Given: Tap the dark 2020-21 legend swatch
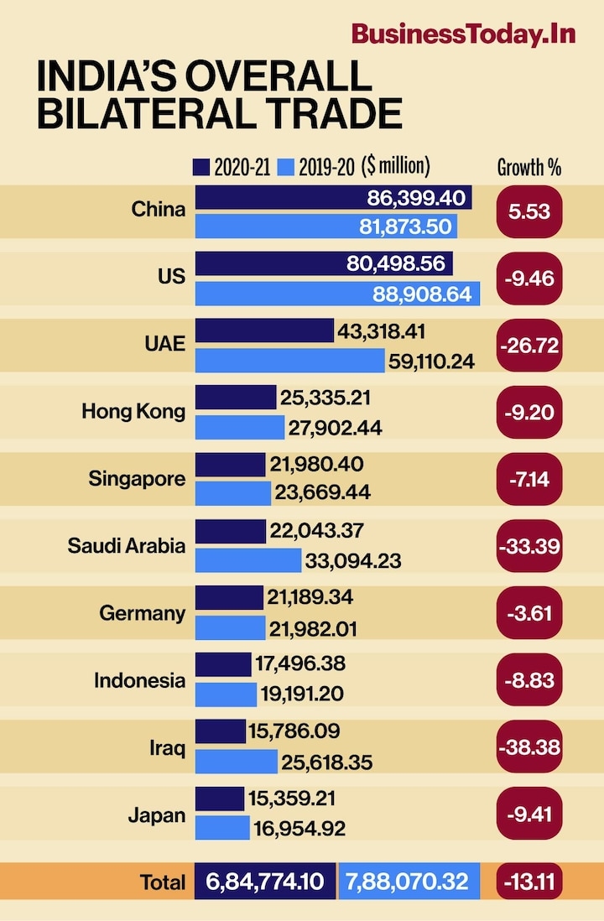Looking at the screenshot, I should [201, 167].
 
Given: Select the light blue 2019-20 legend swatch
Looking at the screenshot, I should [284, 167].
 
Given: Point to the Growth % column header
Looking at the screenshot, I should [529, 167].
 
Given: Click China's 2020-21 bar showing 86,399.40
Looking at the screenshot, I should [333, 198].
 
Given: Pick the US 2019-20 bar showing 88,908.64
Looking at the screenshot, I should [337, 294].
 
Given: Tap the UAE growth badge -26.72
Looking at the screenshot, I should [529, 345].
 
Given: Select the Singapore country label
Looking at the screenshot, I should [137, 479].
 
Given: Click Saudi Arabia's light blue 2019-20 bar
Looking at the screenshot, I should [247, 560].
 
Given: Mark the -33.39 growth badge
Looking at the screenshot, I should [529, 546].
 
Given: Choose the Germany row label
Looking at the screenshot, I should [142, 613].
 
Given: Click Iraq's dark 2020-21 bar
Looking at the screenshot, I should [220, 731].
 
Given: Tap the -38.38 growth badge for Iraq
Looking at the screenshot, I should [529, 747].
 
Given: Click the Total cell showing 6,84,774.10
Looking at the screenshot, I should [265, 882].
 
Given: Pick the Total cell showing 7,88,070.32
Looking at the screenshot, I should [409, 882].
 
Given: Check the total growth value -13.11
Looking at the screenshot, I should [529, 882].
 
